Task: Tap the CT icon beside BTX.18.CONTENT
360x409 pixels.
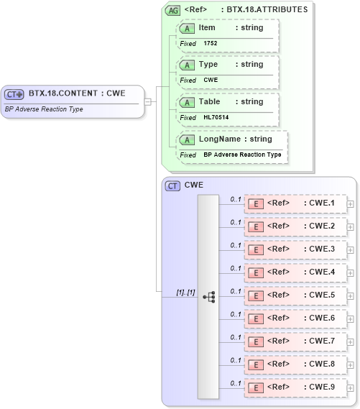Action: click(x=14, y=94)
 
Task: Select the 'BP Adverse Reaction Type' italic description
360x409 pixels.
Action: click(x=44, y=109)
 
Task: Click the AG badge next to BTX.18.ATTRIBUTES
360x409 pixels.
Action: click(x=172, y=10)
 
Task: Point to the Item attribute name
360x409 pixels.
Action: click(x=207, y=27)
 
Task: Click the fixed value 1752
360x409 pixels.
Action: click(x=211, y=43)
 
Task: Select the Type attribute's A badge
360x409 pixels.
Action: click(x=188, y=65)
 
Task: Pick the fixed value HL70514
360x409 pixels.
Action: click(x=216, y=117)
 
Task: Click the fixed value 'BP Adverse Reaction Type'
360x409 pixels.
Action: click(x=242, y=155)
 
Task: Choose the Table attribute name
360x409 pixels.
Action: click(x=209, y=101)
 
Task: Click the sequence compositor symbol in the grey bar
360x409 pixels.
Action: click(x=209, y=296)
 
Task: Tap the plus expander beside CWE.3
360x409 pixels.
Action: click(x=351, y=249)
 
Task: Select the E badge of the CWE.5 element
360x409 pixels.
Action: click(x=254, y=295)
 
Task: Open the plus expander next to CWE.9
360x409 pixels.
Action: click(x=351, y=387)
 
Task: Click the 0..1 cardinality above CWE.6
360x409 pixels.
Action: click(x=235, y=314)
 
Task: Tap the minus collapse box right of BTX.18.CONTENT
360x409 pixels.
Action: click(x=148, y=101)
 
